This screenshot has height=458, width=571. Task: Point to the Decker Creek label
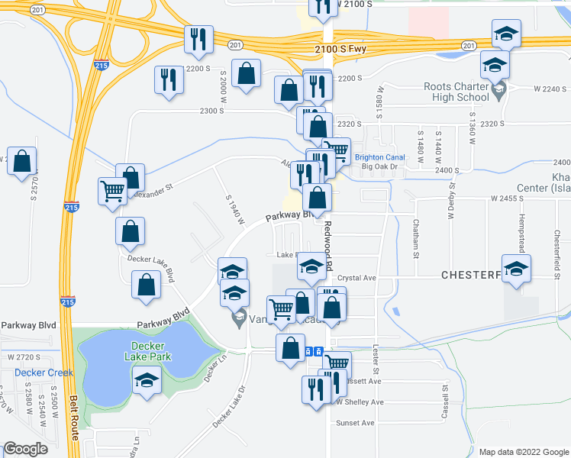44,373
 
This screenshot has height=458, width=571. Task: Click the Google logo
25,449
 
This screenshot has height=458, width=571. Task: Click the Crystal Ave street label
358,278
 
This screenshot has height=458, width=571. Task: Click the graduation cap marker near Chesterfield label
517,270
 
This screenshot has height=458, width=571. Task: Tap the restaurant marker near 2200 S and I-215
168,79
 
